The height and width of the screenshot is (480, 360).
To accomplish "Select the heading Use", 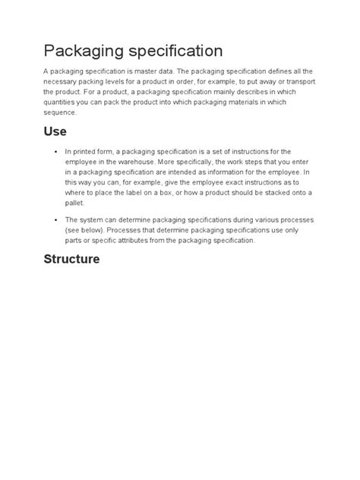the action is [55, 131].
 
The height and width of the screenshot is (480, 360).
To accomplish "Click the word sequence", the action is [62, 112].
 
